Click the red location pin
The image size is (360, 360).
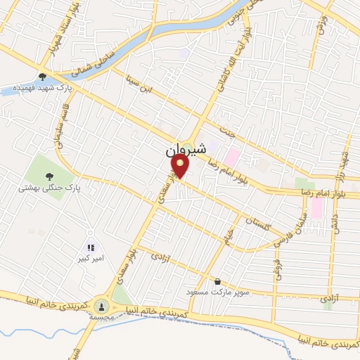point(181,166)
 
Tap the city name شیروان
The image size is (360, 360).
point(186,150)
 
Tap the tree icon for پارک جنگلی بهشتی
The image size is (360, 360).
point(50,176)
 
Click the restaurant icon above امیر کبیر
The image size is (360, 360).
point(90,247)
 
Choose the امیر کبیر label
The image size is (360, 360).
point(90,258)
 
